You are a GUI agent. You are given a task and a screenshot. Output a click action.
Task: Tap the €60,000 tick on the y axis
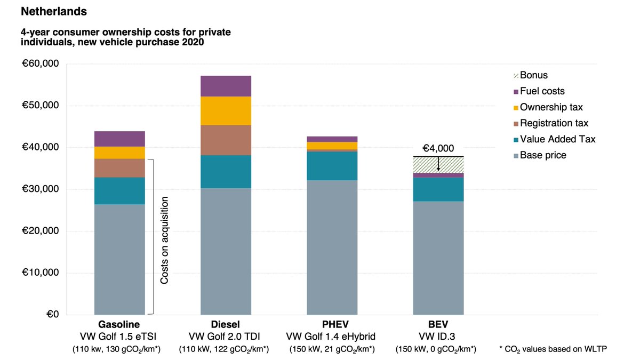point(41,64)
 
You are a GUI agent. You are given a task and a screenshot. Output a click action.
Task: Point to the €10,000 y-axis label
point(41,273)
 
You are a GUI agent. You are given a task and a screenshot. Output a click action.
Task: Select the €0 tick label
point(50,314)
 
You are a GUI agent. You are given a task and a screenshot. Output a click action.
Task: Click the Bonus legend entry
point(533,75)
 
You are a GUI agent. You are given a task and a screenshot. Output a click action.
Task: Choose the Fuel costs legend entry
point(542,91)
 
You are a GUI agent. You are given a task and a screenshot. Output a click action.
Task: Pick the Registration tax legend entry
point(554,123)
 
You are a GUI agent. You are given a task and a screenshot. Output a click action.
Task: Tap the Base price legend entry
point(543,155)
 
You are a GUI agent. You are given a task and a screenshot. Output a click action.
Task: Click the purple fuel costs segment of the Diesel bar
point(226,86)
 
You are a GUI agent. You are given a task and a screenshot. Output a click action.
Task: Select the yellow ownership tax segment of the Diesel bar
point(226,111)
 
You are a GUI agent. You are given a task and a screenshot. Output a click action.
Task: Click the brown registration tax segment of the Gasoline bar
point(119,168)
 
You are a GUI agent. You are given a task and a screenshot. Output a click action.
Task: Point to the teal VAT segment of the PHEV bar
point(332,166)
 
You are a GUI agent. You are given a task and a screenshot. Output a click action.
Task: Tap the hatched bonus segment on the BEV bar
point(438,165)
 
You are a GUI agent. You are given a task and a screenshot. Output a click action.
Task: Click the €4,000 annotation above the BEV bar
point(438,149)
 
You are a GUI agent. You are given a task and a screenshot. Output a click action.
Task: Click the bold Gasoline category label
point(119,324)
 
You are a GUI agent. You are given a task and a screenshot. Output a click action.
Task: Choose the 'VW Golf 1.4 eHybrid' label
point(331,336)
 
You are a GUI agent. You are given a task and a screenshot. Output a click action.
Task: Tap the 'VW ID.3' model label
point(438,336)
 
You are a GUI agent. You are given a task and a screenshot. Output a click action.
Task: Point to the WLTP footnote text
point(553,349)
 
